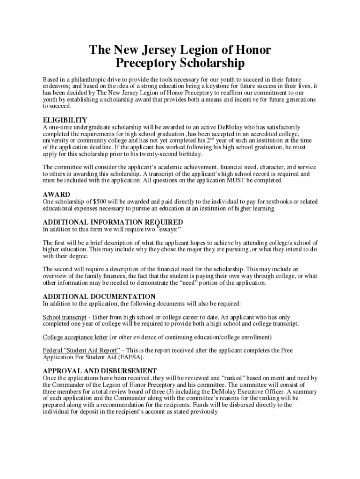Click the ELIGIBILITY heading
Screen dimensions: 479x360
pos(65,120)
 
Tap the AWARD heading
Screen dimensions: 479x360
pos(57,194)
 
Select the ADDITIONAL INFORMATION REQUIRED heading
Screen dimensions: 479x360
pos(113,222)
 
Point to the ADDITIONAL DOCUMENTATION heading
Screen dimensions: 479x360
pos(99,296)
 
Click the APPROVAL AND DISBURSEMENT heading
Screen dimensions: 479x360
pos(100,370)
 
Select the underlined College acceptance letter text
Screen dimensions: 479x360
pos(75,337)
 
